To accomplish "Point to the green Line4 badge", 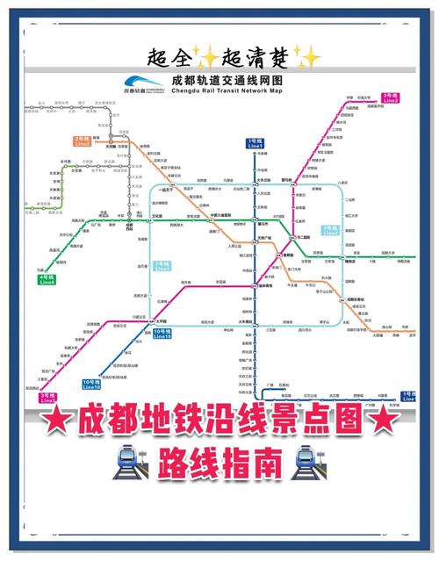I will [47, 279].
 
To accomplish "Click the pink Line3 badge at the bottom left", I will [47, 399].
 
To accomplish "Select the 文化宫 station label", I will [158, 216].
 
